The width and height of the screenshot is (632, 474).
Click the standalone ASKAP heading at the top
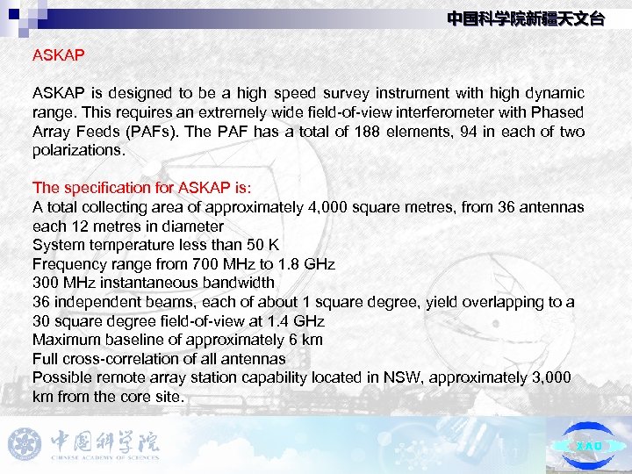tap(58, 54)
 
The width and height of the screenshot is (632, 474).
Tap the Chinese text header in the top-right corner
tap(525, 18)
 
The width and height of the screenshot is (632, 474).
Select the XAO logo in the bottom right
tap(588, 445)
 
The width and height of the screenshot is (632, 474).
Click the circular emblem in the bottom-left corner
tap(25, 444)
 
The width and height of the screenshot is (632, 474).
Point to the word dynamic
tap(553, 93)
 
